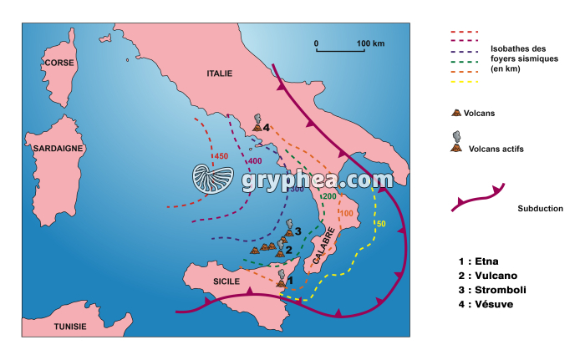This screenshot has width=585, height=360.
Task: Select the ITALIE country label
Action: click(218, 74)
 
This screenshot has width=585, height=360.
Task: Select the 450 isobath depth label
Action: click(221, 156)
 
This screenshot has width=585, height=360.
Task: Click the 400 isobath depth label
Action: click(254, 161)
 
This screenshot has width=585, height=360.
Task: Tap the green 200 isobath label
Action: click(328, 196)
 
